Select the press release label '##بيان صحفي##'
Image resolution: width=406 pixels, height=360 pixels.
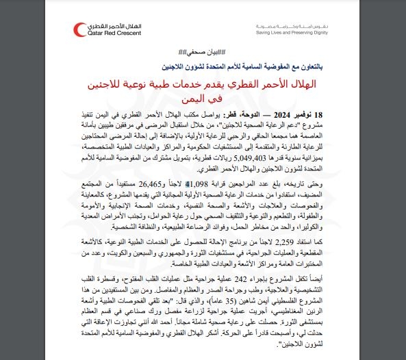tap(203, 53)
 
